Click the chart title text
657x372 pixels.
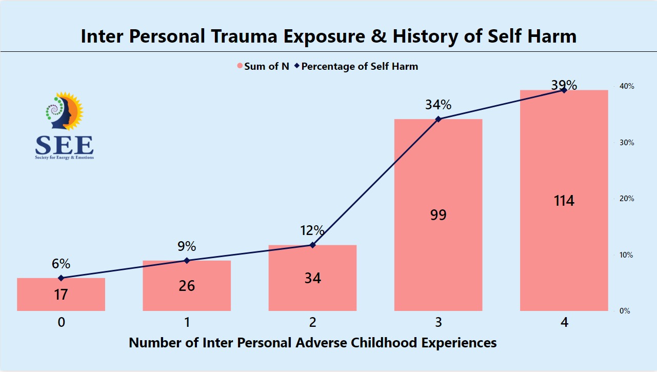(x=328, y=36)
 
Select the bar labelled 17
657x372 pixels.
(x=61, y=295)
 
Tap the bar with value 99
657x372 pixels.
(x=438, y=214)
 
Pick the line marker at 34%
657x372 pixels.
(x=438, y=119)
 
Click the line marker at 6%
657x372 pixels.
(x=61, y=278)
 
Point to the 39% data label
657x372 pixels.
(x=564, y=85)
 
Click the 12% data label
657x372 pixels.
(x=312, y=230)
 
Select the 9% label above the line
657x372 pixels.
(x=187, y=246)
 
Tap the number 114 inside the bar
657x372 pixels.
(x=564, y=200)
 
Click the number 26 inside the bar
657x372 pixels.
(x=187, y=285)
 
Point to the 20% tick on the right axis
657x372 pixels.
(x=627, y=199)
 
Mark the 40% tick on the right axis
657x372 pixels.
(x=627, y=86)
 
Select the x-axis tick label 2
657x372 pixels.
(x=312, y=323)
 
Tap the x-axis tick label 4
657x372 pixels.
(x=564, y=323)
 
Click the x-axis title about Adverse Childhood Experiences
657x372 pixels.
(x=312, y=342)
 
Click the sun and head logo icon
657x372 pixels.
(x=64, y=110)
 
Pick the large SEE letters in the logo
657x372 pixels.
(x=64, y=145)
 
